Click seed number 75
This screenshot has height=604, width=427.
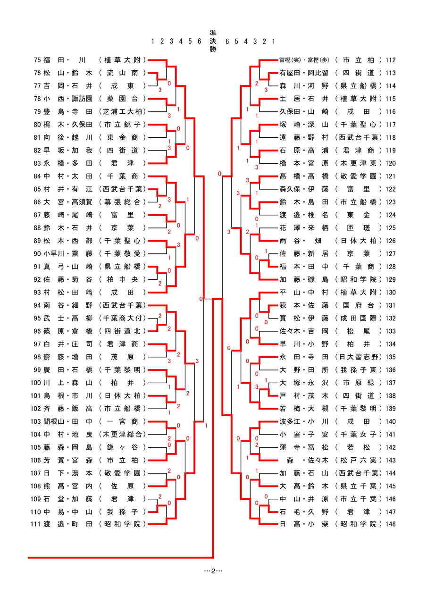(38, 60)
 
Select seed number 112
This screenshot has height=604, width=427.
(390, 60)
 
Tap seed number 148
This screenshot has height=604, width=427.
(390, 524)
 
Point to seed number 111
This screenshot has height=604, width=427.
(36, 524)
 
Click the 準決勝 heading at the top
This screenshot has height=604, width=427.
(213, 41)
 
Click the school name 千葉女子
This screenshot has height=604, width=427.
(359, 434)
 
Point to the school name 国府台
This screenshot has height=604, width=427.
(359, 305)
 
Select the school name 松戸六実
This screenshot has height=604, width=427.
(359, 460)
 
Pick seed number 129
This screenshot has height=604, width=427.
(390, 279)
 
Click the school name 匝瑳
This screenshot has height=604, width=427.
(359, 227)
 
